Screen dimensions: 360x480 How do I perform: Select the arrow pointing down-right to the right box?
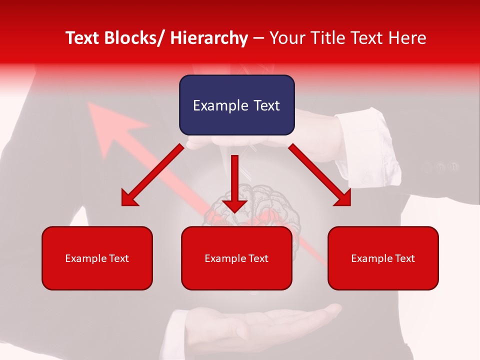[x=320, y=175]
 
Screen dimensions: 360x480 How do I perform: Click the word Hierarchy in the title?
[x=209, y=38]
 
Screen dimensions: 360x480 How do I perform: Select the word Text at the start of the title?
[x=82, y=38]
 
